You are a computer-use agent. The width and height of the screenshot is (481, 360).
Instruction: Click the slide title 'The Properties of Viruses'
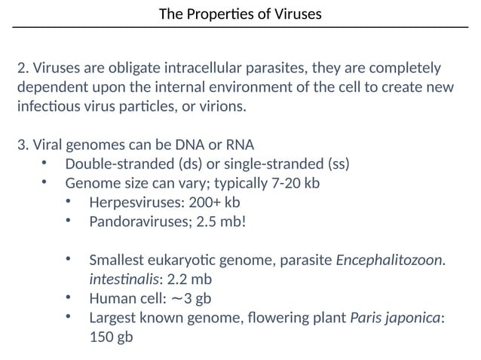click(x=240, y=14)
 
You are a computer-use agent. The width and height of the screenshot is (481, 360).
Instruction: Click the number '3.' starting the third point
click(x=23, y=145)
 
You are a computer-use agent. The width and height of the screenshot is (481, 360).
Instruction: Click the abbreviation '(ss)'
click(x=338, y=164)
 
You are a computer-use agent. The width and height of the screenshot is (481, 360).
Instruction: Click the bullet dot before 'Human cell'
click(x=69, y=298)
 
